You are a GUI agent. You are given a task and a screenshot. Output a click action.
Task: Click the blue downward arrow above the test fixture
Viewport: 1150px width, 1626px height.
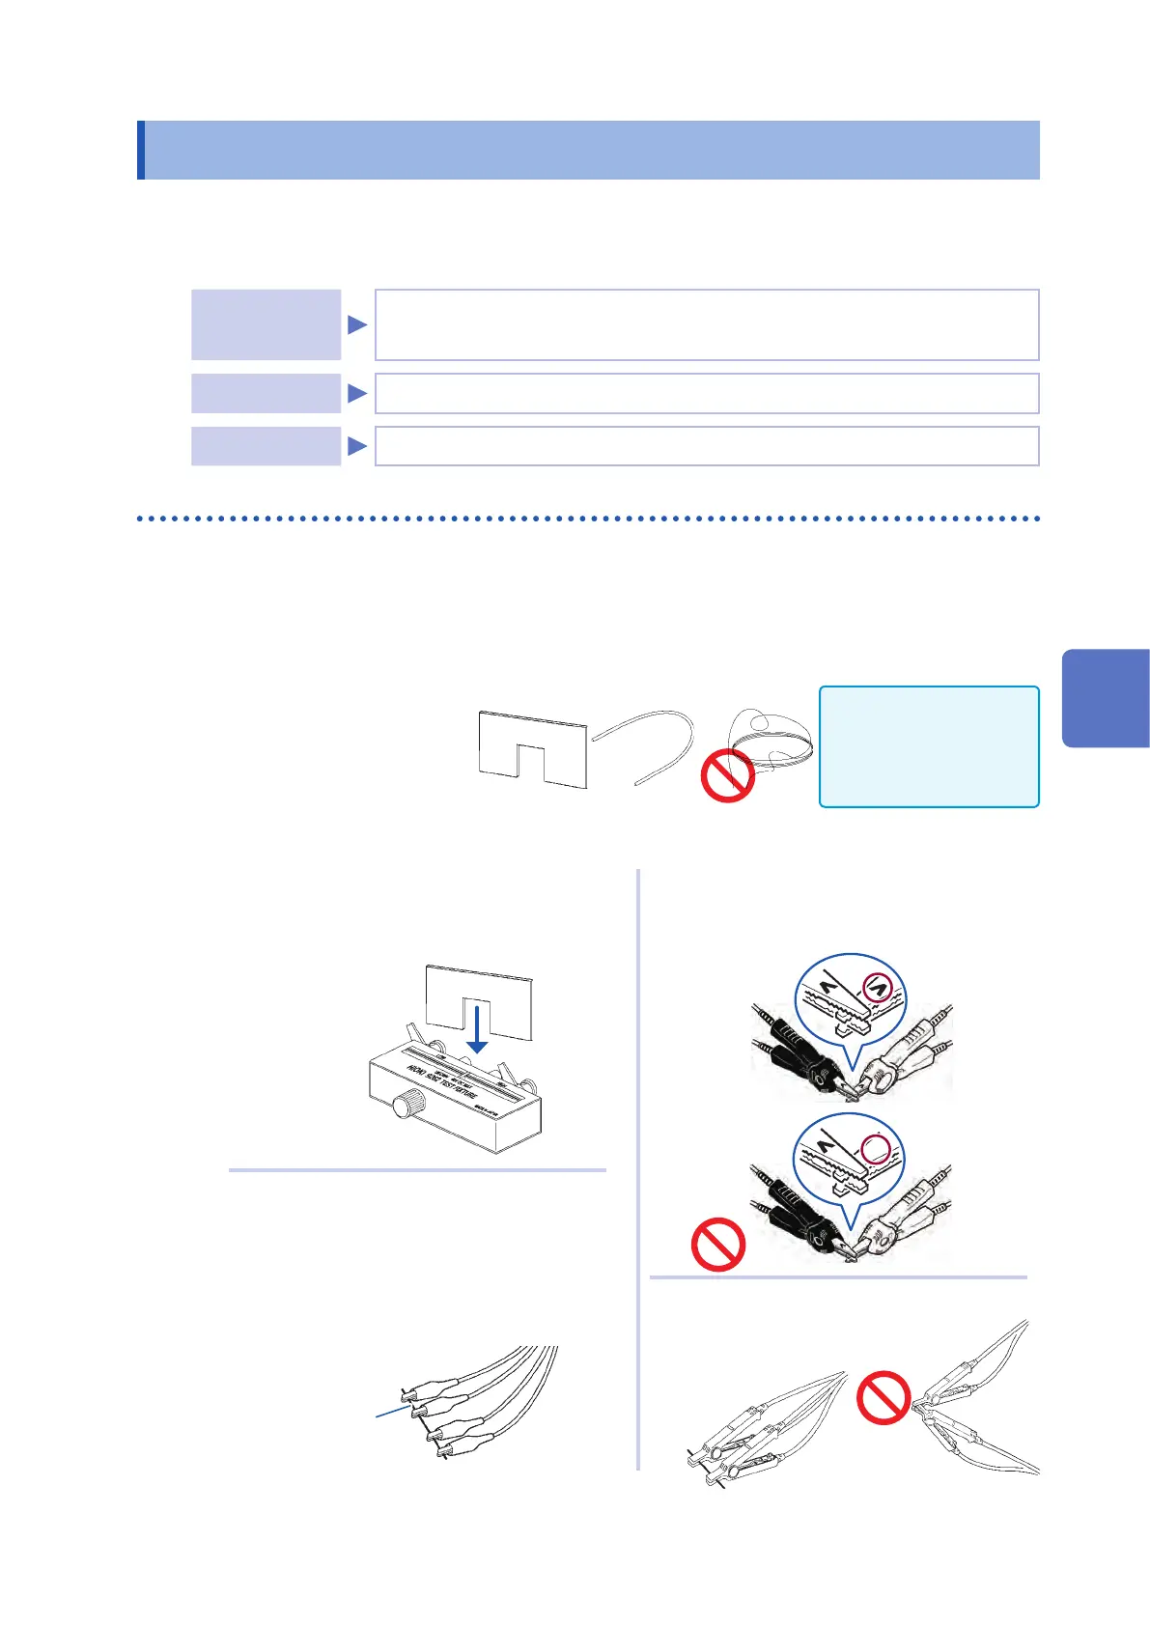tap(478, 1029)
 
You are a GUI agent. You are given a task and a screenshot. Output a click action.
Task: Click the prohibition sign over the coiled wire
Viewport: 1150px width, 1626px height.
tap(727, 775)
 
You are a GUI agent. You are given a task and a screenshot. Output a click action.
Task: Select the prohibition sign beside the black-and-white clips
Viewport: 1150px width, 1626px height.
tap(718, 1245)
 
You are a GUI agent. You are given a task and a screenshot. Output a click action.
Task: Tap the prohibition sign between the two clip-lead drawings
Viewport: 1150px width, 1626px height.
tap(884, 1398)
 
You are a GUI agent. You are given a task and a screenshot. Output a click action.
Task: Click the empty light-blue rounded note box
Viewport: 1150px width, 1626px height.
tap(929, 746)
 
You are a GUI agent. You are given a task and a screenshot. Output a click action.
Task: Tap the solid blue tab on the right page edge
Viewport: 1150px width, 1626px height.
tap(1107, 698)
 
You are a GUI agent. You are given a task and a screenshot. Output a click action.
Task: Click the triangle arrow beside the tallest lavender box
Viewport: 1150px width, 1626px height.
tap(357, 324)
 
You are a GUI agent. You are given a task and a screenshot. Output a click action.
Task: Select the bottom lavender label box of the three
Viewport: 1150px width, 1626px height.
tap(266, 446)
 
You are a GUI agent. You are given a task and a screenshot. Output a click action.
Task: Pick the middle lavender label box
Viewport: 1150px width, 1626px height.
tap(266, 393)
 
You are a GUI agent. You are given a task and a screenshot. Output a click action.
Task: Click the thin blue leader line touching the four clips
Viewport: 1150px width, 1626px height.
tap(395, 1412)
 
